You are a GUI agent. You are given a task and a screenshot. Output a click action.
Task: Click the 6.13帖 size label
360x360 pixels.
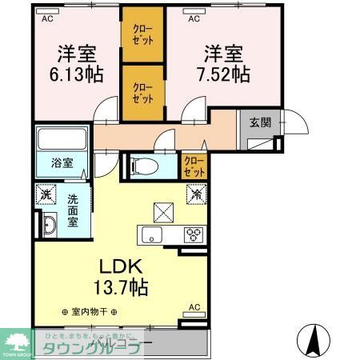point(77,74)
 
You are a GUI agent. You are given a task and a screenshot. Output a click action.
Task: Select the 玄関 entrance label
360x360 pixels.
point(259,122)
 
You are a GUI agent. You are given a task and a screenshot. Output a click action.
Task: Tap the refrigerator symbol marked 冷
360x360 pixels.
point(196,193)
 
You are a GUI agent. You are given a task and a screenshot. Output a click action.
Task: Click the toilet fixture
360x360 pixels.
point(146,166)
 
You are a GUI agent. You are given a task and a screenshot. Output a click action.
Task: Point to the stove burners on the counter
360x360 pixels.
point(194,234)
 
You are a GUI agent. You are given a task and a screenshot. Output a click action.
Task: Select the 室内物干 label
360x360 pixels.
point(90,311)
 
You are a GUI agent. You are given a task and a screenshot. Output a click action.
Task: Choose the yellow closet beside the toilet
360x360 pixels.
point(192,166)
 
